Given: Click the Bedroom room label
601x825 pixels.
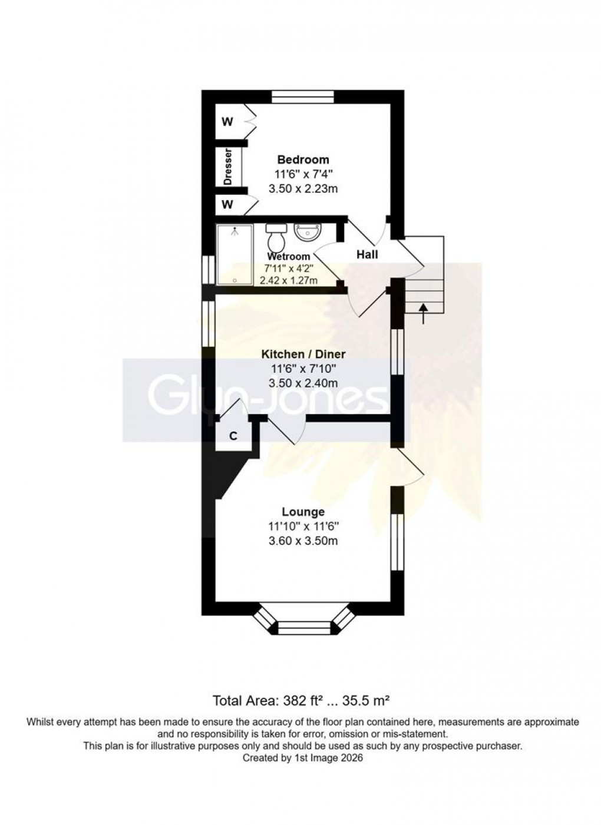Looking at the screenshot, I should (303, 160).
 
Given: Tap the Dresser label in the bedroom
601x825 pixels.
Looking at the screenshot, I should (228, 167).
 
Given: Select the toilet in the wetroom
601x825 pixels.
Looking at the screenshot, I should (275, 238).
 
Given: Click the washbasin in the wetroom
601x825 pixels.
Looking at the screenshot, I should (306, 233).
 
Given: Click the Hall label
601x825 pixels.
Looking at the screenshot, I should (367, 254).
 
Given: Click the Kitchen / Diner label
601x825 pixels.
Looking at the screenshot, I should (303, 354).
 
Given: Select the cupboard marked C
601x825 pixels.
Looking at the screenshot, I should (233, 436).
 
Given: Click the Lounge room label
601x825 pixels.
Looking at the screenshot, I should (303, 512).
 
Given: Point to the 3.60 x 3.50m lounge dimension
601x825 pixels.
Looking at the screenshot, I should (303, 541).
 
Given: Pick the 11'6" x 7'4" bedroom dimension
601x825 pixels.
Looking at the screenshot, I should (303, 174).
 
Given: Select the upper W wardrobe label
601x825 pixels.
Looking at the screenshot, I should (227, 122).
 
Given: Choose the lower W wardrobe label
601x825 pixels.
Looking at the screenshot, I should (227, 205).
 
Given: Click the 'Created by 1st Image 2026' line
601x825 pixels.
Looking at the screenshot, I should (302, 758).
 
